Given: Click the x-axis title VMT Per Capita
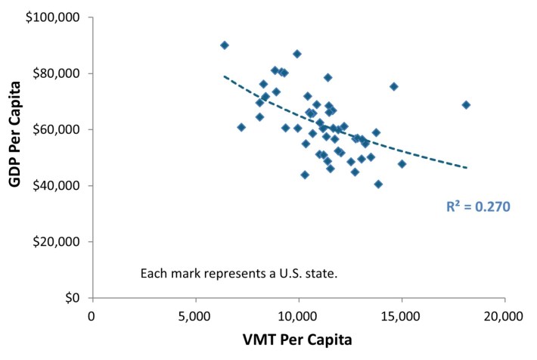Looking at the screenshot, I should click(x=298, y=340).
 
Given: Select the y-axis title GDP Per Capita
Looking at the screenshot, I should click(x=13, y=157).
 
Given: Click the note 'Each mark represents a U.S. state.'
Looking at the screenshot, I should click(x=238, y=272).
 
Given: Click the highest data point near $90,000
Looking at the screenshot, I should click(x=225, y=45).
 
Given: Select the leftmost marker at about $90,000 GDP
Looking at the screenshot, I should click(x=225, y=45).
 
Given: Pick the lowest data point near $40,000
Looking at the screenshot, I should click(x=378, y=184).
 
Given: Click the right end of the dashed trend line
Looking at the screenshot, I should click(x=467, y=167).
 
